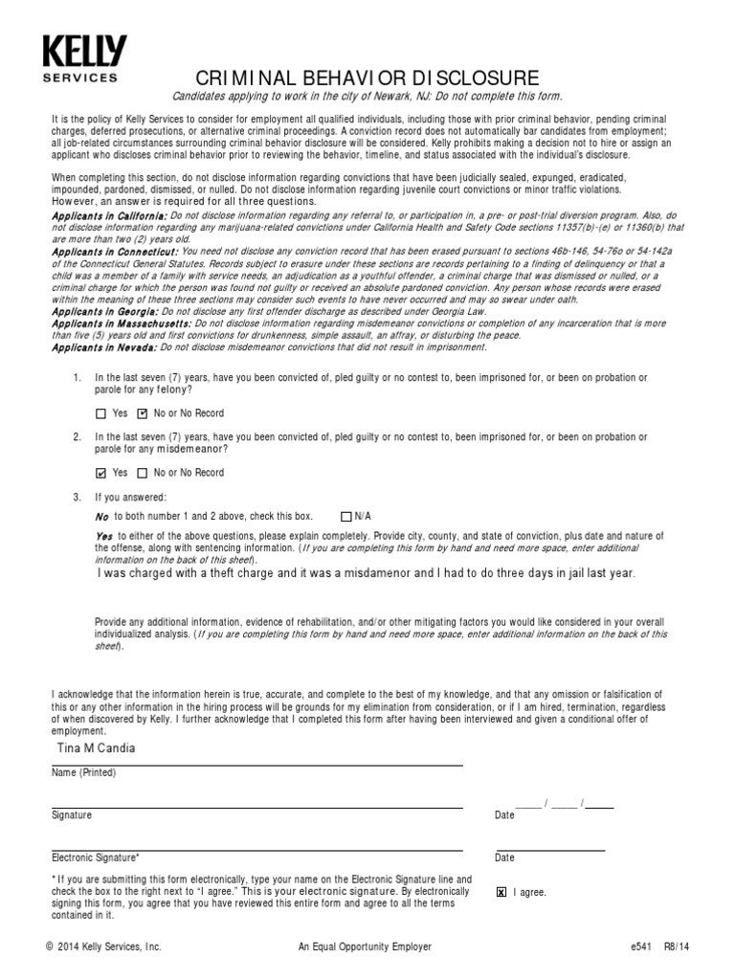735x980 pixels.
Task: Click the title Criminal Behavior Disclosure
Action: (x=367, y=78)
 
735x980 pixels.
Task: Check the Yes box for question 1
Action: (x=101, y=414)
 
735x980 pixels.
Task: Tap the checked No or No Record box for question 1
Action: (x=143, y=414)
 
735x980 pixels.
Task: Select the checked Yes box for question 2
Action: (x=101, y=473)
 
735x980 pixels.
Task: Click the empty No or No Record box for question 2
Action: (x=143, y=473)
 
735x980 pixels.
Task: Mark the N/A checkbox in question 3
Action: (x=346, y=516)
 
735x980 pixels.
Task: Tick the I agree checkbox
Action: (x=501, y=892)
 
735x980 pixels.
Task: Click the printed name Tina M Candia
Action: (x=95, y=747)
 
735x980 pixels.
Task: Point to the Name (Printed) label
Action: (x=83, y=772)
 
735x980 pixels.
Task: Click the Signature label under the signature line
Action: (x=72, y=815)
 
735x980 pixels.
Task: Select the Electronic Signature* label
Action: (x=95, y=858)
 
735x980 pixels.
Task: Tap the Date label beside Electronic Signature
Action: (x=504, y=858)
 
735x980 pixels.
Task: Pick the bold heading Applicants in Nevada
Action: (x=100, y=347)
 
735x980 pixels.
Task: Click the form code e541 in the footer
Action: (x=641, y=947)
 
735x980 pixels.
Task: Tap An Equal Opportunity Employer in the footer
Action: (x=365, y=947)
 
